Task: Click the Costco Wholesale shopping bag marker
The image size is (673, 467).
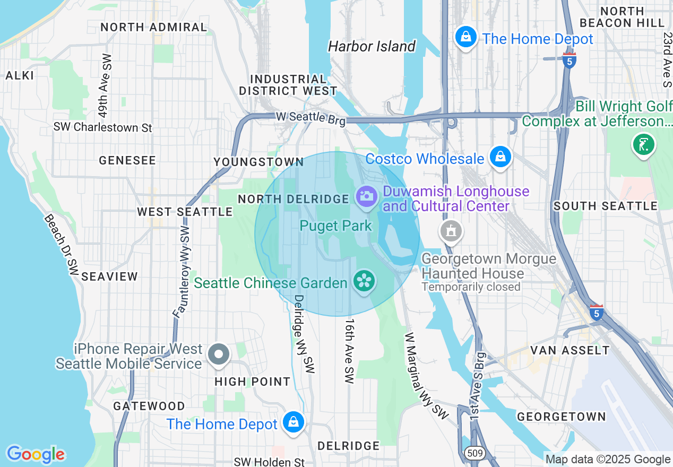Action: pyautogui.click(x=500, y=157)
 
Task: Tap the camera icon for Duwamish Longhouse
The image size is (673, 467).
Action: pyautogui.click(x=366, y=196)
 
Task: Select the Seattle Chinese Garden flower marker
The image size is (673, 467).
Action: pyautogui.click(x=365, y=281)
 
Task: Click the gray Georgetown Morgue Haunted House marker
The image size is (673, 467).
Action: pyautogui.click(x=451, y=231)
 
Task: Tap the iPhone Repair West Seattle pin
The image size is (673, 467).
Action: pyautogui.click(x=218, y=354)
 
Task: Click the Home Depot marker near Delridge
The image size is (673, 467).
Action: pyautogui.click(x=292, y=422)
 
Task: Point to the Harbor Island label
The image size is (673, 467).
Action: pyautogui.click(x=372, y=47)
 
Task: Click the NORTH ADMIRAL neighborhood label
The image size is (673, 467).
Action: pyautogui.click(x=153, y=27)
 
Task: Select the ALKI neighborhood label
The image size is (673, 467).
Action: pyautogui.click(x=20, y=75)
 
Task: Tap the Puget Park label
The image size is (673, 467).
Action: pyautogui.click(x=336, y=226)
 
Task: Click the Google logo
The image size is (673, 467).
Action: pyautogui.click(x=36, y=454)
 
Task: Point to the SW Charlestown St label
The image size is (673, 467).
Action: pyautogui.click(x=102, y=127)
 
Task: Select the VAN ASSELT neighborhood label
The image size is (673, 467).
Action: pyautogui.click(x=570, y=350)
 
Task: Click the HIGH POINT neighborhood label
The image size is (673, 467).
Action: pyautogui.click(x=253, y=382)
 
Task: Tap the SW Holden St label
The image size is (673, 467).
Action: pyautogui.click(x=270, y=462)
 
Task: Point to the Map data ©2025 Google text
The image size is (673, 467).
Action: pyautogui.click(x=608, y=459)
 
